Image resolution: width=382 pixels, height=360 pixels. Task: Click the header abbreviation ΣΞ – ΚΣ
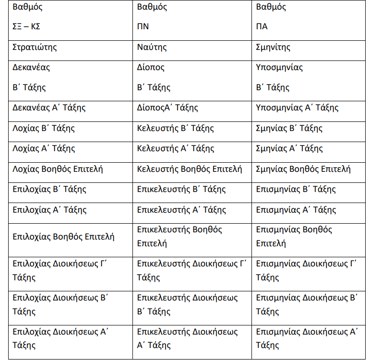point(26,26)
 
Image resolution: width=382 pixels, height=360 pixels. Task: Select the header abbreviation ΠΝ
point(143,26)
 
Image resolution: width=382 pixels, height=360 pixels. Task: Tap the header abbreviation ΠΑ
point(262,26)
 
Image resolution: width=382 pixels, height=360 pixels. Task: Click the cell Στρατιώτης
point(36,47)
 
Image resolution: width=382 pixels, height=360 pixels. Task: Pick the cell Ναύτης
point(152,47)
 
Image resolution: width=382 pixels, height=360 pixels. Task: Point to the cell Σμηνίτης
point(273,47)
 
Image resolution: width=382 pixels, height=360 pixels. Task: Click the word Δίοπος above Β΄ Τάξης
point(151,67)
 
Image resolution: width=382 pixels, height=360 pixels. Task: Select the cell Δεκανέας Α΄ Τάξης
point(49,108)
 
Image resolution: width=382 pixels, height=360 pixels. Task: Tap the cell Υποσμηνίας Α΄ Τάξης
point(297,108)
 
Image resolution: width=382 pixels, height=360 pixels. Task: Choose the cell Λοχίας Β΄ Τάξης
point(44,128)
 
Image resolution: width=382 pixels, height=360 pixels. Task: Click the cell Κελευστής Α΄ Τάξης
point(176,149)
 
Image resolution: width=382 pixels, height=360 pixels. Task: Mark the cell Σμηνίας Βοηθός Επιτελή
point(303,169)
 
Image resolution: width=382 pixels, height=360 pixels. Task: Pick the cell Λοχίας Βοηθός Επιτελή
point(58,169)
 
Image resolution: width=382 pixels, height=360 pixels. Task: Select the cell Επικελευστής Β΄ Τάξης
point(181,189)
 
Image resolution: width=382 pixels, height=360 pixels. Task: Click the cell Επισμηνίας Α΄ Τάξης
point(296,210)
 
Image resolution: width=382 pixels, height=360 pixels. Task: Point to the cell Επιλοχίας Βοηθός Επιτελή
point(64,236)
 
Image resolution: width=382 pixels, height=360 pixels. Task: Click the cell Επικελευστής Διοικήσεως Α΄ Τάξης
point(188,338)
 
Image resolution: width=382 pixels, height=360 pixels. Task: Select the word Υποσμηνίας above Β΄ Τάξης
point(280,67)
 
